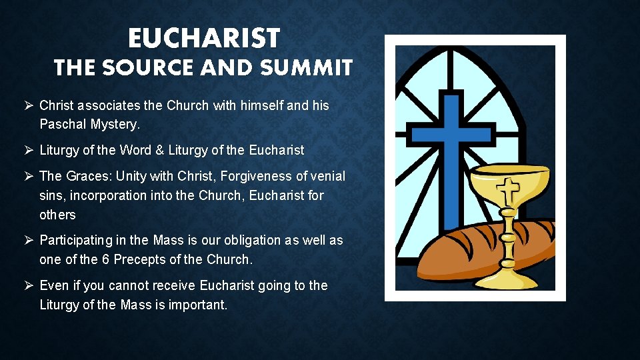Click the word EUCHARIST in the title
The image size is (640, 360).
[x=203, y=39]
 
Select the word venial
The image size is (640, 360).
[x=329, y=176]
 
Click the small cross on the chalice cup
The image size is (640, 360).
[x=510, y=191]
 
